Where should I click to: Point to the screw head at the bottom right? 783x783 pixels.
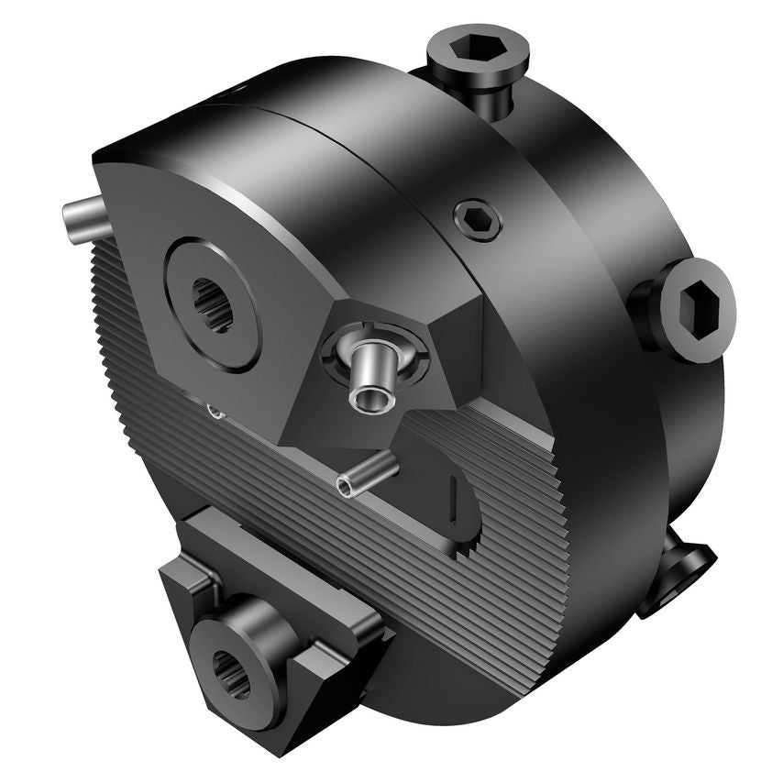(x=678, y=574)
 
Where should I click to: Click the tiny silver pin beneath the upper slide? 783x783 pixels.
(x=216, y=412)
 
